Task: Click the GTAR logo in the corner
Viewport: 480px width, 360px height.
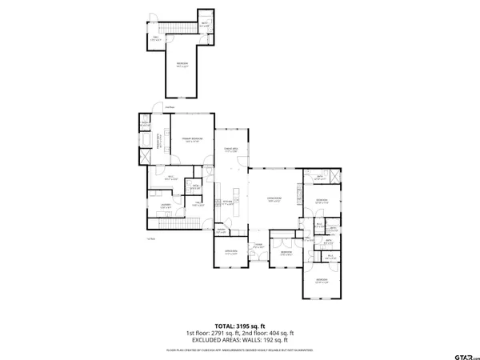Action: (454, 350)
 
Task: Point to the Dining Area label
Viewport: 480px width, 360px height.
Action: (230, 152)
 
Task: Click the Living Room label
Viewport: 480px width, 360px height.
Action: (274, 199)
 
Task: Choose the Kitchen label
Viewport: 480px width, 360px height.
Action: (228, 200)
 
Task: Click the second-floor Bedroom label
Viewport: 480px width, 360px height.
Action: (182, 64)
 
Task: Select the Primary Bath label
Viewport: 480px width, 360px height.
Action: (158, 144)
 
